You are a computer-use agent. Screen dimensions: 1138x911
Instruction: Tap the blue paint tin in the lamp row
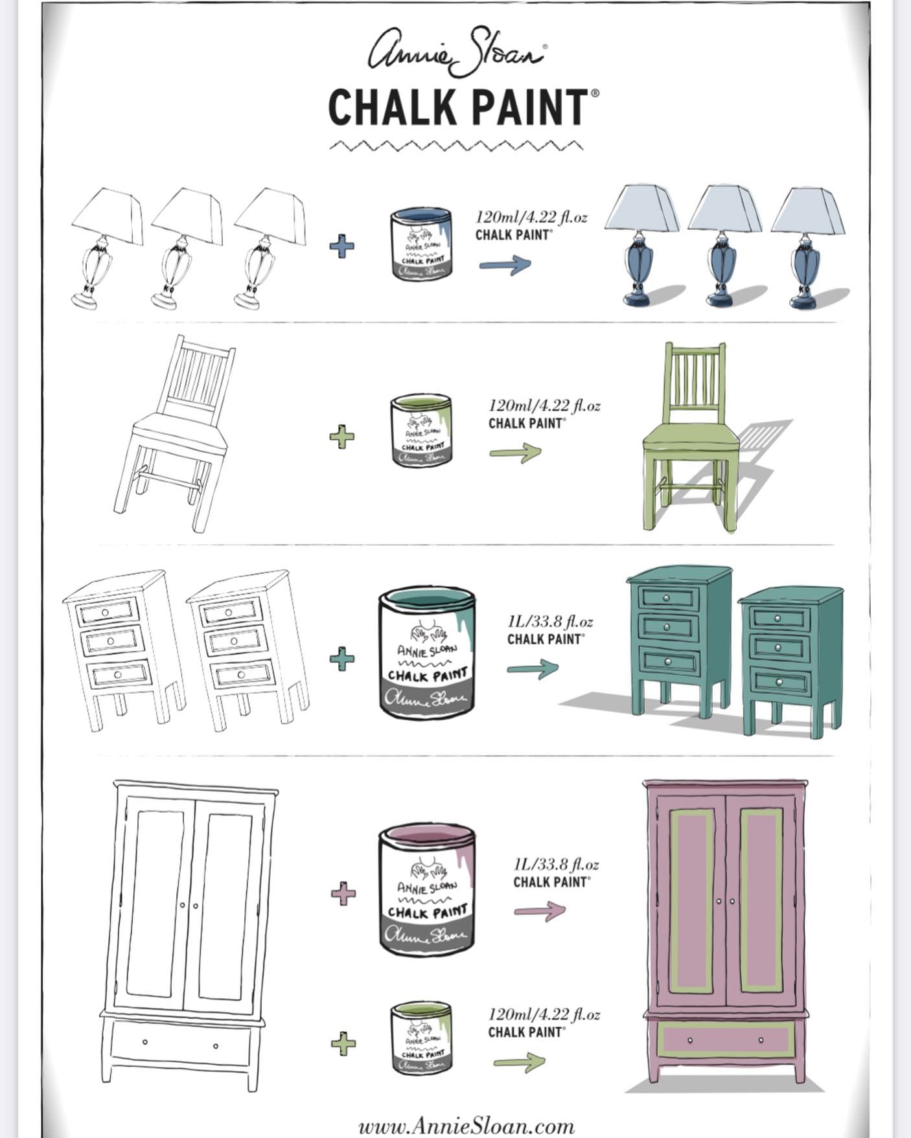coord(422,244)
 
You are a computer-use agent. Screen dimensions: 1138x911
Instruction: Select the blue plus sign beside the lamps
coord(341,246)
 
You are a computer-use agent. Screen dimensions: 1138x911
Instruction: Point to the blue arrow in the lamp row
coord(505,264)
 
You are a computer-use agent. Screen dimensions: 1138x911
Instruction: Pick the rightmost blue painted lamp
coord(807,246)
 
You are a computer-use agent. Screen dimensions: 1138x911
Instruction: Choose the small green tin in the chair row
coord(422,430)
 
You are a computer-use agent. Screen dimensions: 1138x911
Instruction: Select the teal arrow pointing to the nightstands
coord(532,668)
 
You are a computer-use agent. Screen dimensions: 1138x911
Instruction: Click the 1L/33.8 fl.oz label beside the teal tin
coord(550,622)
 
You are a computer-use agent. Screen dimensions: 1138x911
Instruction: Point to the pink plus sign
coord(343,894)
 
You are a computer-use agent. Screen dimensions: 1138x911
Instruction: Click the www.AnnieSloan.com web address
coord(467,1126)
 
